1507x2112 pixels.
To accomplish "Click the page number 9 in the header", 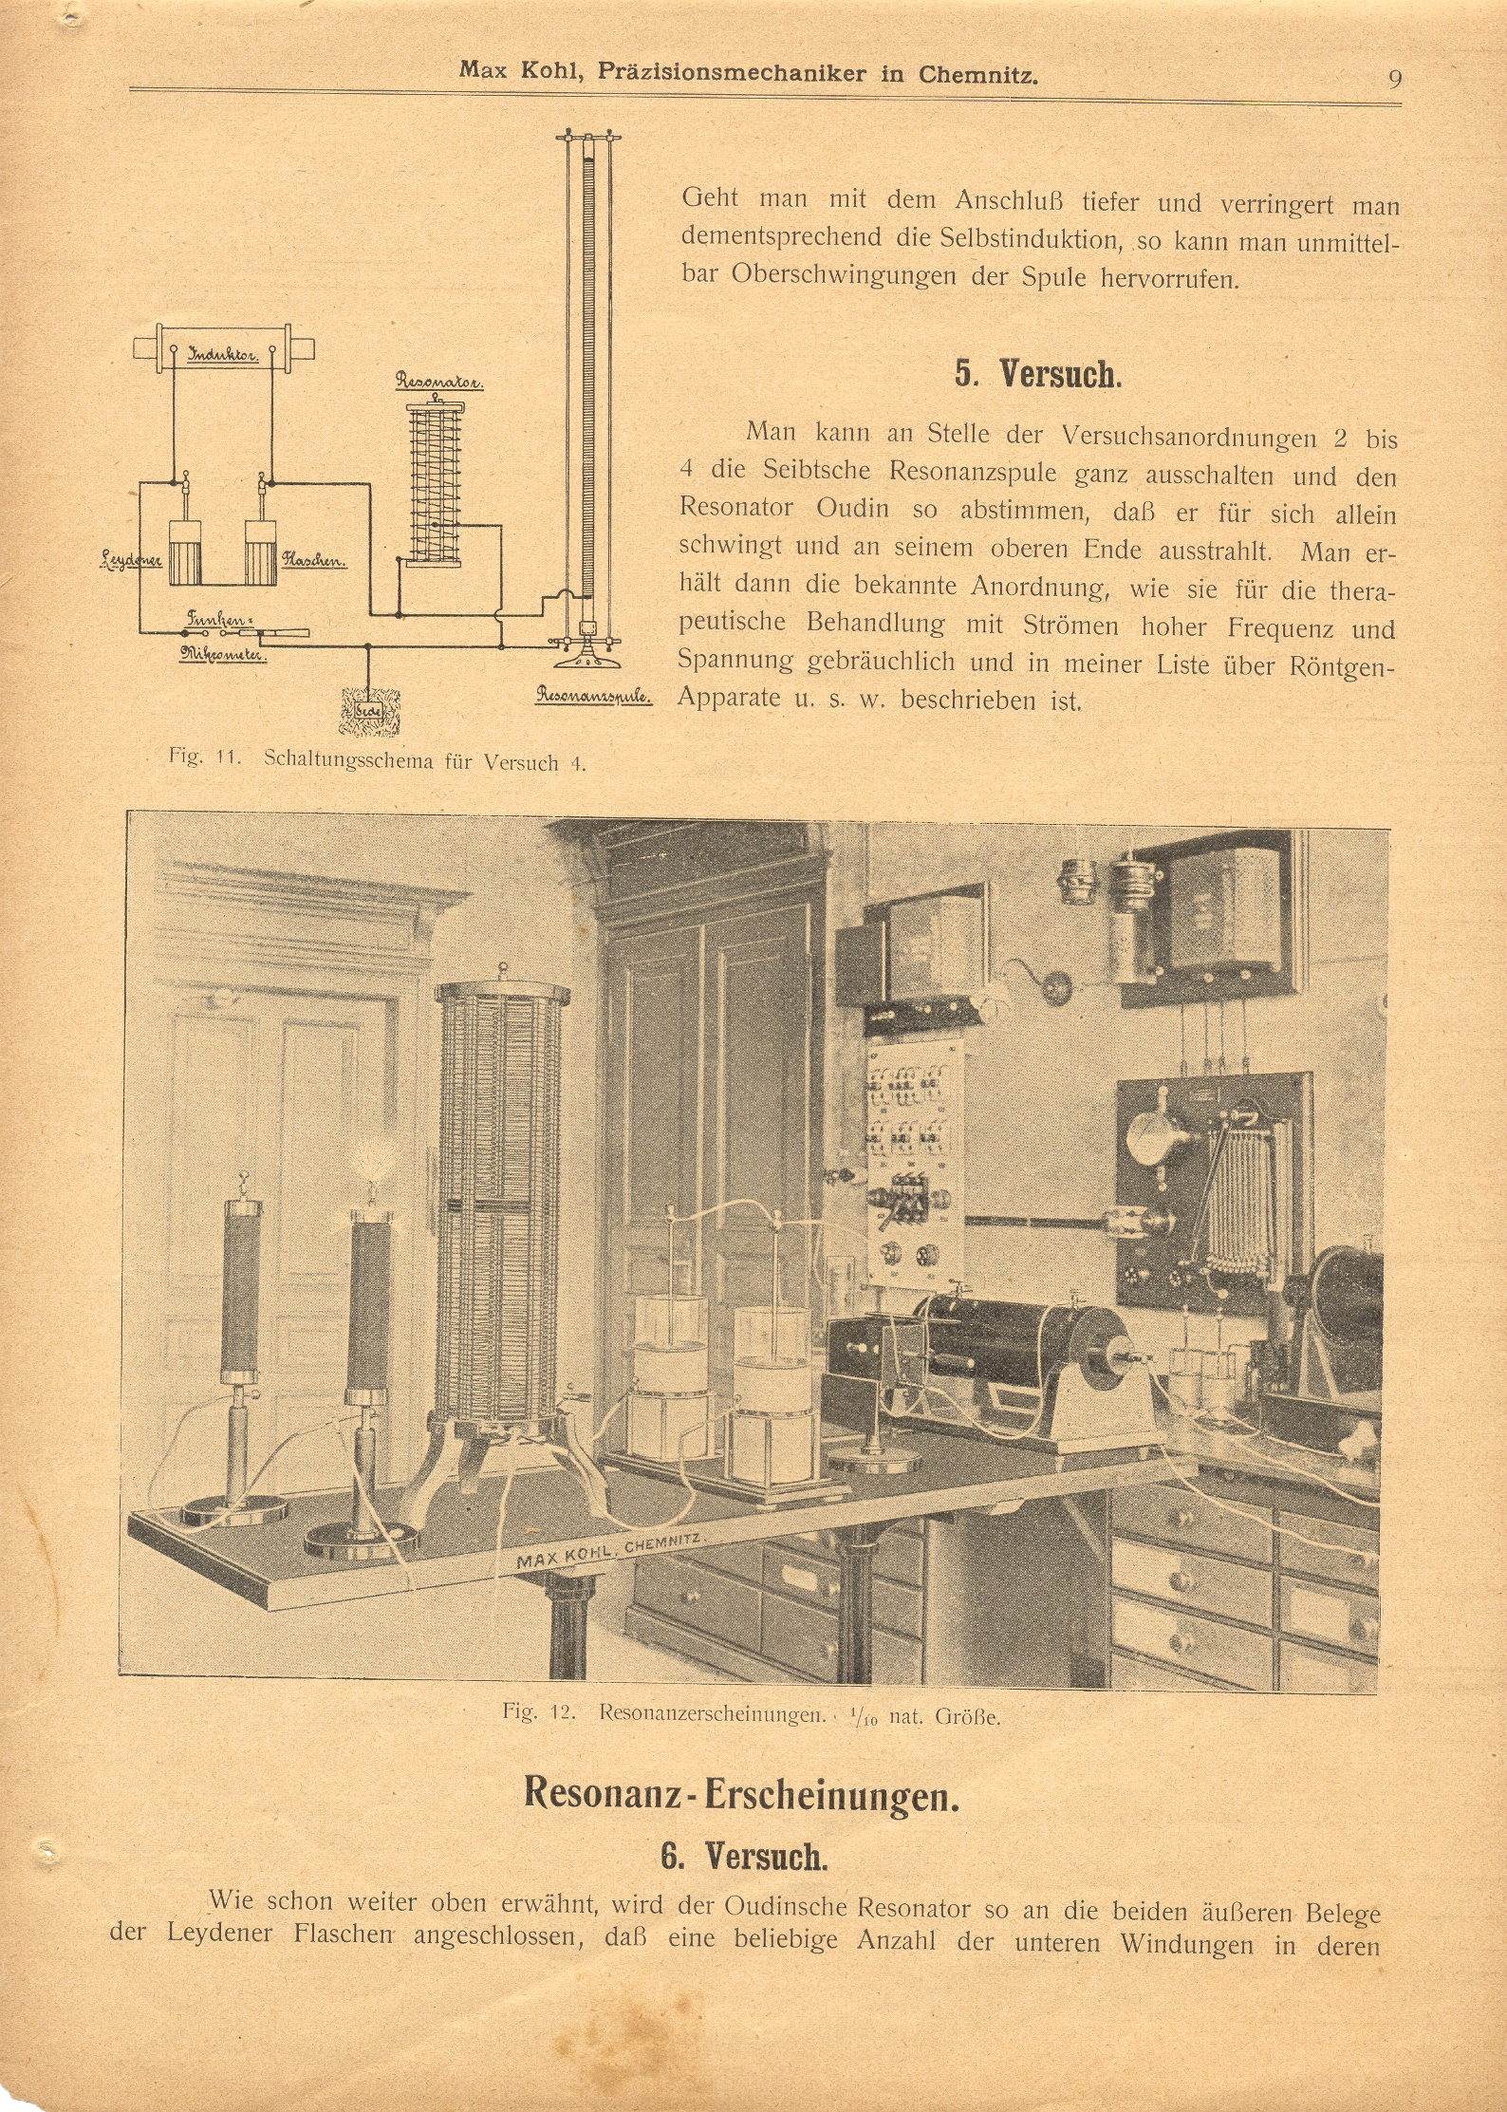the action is [x=1394, y=78].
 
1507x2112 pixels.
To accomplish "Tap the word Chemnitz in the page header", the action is [x=977, y=74].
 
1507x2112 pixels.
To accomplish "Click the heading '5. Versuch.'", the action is [x=1038, y=374].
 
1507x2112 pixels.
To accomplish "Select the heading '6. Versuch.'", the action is [x=744, y=1855].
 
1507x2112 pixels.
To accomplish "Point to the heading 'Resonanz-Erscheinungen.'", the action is [x=742, y=1793].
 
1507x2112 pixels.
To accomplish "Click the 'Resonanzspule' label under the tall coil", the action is [x=594, y=695].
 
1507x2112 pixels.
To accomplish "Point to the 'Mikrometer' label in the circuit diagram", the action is [x=224, y=653].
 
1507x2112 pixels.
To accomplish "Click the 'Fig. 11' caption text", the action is [x=201, y=757].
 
